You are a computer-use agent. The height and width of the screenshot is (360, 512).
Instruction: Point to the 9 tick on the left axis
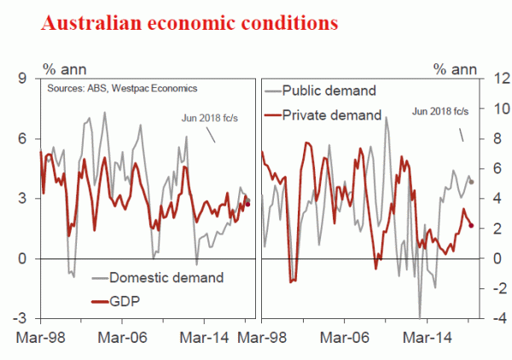click(24, 79)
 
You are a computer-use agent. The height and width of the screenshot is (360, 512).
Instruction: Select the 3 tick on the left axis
click(24, 199)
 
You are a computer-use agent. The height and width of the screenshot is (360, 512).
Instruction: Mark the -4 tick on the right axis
click(486, 318)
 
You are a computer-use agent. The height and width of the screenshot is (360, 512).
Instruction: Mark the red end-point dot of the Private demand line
click(471, 225)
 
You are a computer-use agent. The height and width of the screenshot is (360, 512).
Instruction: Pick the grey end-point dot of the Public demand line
click(471, 182)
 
